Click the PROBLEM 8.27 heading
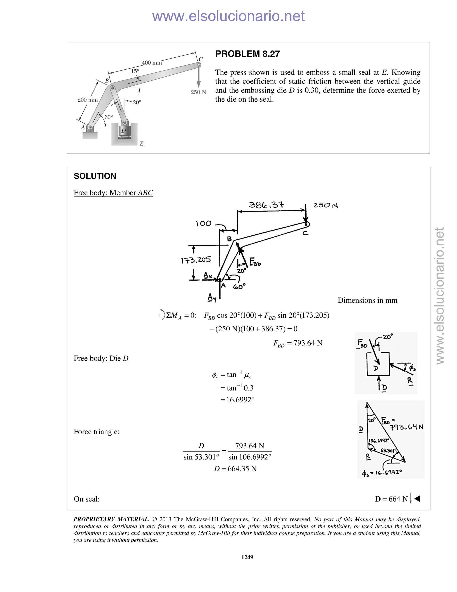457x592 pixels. [247, 54]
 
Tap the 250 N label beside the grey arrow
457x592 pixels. [198, 92]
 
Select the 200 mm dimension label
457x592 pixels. [87, 100]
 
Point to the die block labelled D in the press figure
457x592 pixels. [124, 131]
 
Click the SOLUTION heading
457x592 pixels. [95, 176]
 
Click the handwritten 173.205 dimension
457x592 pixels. [195, 260]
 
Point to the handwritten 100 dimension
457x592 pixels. [203, 224]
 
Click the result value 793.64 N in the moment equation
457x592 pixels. [307, 343]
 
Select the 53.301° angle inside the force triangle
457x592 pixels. [388, 451]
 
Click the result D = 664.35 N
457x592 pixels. [235, 469]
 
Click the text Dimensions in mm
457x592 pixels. [367, 300]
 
